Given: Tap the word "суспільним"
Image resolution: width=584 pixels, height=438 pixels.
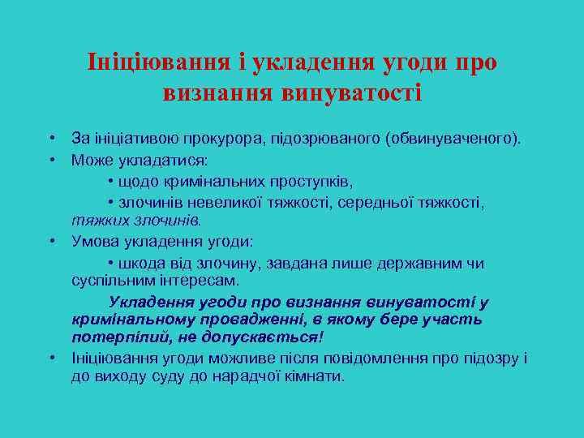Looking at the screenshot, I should pos(109,281).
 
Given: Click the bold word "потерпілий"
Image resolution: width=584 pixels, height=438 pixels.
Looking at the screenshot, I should pos(111,337).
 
